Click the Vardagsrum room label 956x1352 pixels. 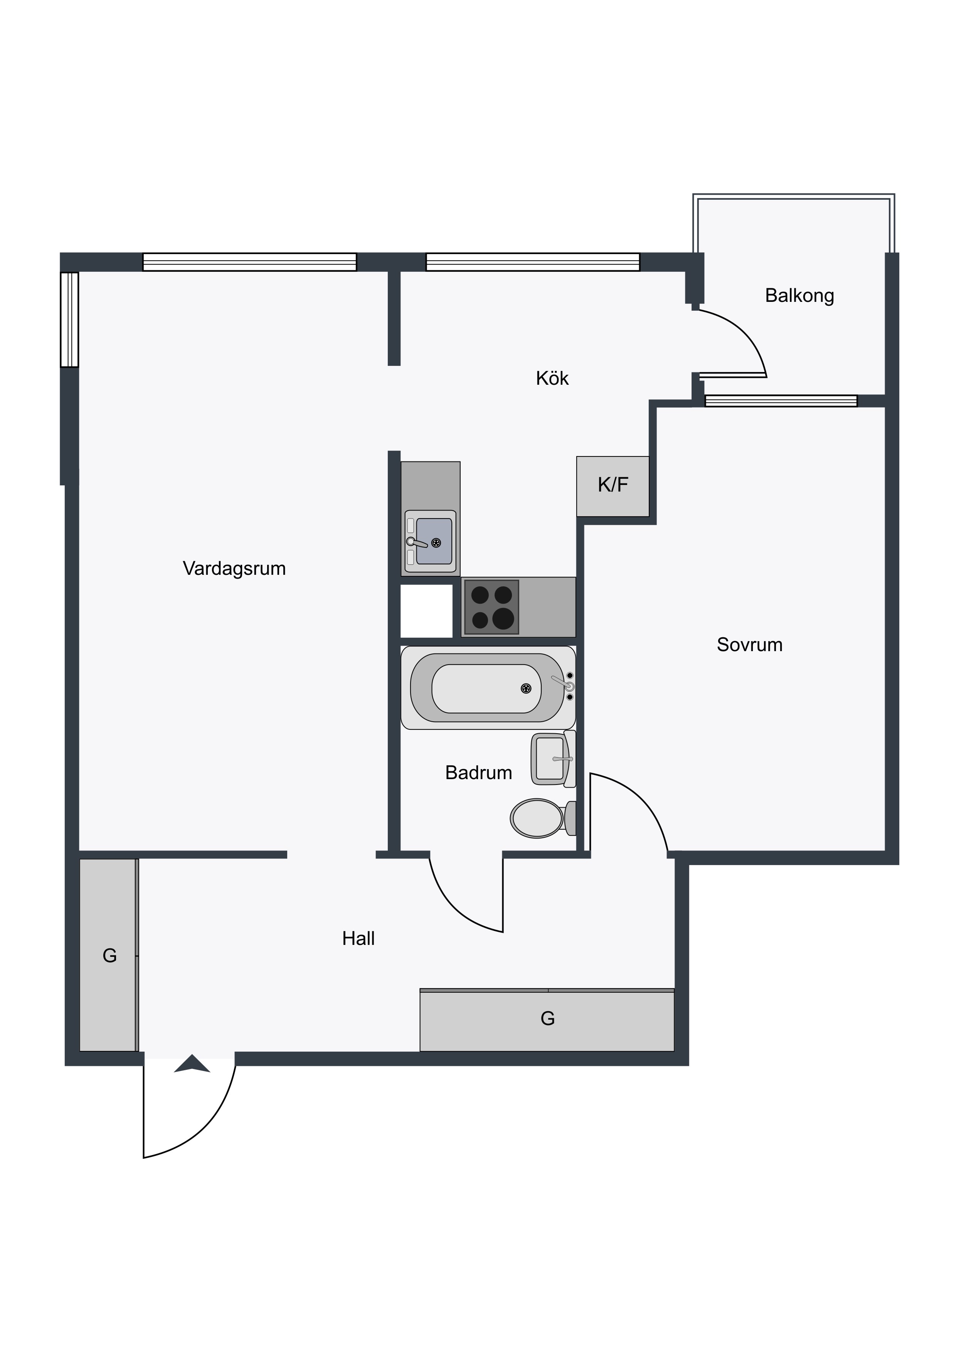click(x=234, y=569)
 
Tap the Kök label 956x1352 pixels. click(x=552, y=378)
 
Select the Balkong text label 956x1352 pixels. click(x=799, y=296)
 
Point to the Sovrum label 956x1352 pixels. click(x=749, y=645)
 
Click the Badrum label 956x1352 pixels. click(x=479, y=773)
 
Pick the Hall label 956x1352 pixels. click(x=358, y=939)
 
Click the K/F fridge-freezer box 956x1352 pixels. click(x=613, y=487)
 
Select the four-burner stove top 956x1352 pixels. click(x=491, y=607)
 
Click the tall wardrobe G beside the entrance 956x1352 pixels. click(x=109, y=955)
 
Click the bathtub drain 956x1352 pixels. click(x=526, y=689)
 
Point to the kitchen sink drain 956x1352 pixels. click(x=436, y=543)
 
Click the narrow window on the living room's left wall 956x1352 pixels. click(x=69, y=320)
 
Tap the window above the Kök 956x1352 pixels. click(x=533, y=262)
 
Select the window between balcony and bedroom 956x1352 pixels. click(x=781, y=401)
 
